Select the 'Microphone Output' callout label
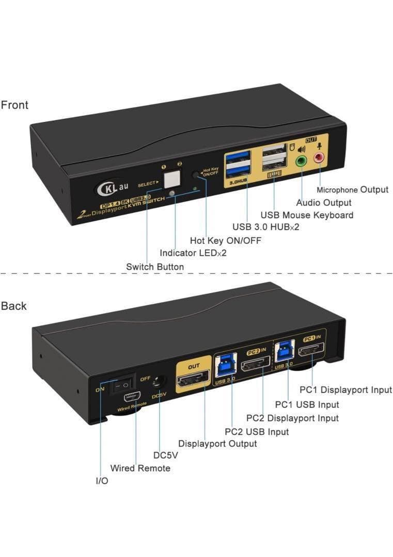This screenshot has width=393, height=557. [352, 190]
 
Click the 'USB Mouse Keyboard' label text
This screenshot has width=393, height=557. [307, 215]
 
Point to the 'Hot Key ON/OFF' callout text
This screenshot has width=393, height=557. [225, 240]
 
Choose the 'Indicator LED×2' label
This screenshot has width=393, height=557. [193, 253]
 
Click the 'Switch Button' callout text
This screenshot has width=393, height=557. [154, 267]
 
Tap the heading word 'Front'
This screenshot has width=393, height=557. [14, 105]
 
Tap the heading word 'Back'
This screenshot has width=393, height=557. [14, 306]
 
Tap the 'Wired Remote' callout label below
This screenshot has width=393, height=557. [140, 468]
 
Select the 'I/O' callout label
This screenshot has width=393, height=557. [102, 481]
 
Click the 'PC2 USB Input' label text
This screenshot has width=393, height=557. [257, 432]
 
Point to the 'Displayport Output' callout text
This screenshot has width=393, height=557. [217, 444]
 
